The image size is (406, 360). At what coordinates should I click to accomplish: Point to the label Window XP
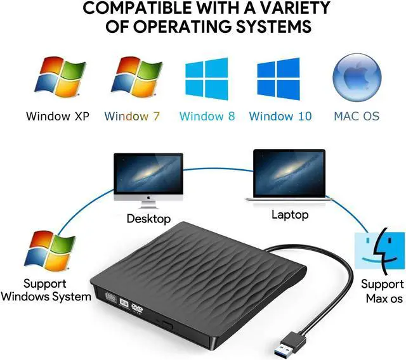[x=58, y=116]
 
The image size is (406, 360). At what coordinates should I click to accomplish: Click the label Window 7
[x=132, y=116]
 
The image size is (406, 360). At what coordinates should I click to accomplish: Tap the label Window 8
[x=207, y=116]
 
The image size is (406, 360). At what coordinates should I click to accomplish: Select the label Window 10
[x=280, y=116]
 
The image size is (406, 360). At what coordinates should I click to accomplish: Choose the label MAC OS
[x=357, y=116]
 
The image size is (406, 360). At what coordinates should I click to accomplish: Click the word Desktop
[x=148, y=219]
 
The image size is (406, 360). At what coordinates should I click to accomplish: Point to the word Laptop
[x=290, y=214]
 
